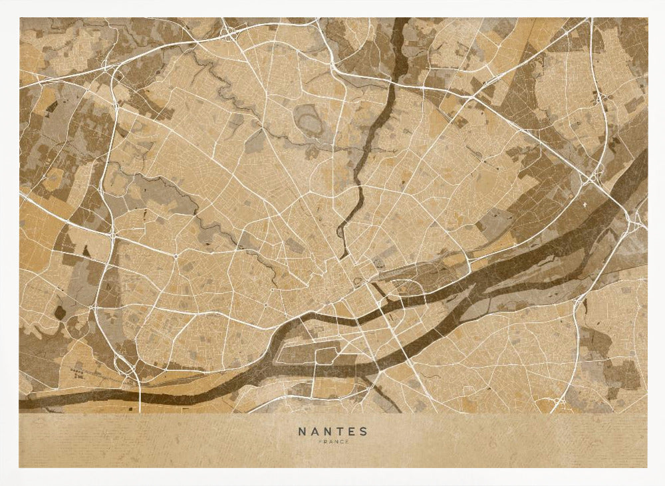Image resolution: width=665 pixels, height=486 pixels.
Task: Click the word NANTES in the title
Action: (332, 431)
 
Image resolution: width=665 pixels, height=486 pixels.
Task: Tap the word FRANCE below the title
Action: (332, 442)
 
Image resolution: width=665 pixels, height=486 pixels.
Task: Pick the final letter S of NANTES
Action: (363, 431)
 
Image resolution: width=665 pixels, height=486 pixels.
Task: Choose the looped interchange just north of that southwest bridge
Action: (123, 362)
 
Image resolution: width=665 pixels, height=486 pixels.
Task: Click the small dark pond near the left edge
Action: (61, 312)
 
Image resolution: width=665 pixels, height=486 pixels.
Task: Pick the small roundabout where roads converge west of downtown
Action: (175, 256)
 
